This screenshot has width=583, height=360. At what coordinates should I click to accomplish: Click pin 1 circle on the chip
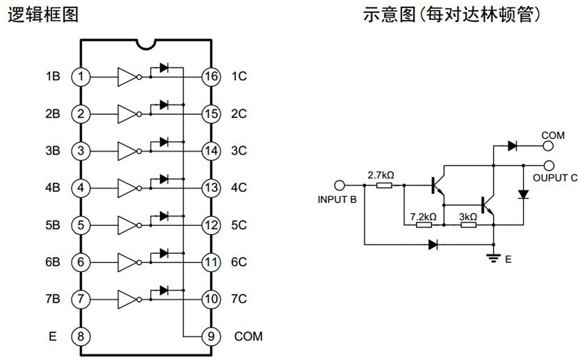tap(81, 77)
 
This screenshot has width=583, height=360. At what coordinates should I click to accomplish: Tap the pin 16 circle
tap(211, 77)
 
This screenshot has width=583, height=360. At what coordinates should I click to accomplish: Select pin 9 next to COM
tap(211, 337)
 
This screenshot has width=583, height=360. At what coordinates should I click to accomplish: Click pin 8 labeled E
tap(81, 337)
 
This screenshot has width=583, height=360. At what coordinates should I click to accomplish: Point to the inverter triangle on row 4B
tap(127, 188)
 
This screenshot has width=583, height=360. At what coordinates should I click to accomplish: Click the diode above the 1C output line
tap(164, 68)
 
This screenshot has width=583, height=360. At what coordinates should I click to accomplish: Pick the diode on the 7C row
tap(164, 290)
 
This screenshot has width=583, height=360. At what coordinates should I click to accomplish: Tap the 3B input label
tap(53, 151)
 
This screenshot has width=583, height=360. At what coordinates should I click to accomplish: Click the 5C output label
tap(239, 225)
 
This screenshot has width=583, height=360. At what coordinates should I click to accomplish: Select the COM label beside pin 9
tap(248, 336)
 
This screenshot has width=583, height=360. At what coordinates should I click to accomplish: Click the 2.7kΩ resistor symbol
tap(384, 185)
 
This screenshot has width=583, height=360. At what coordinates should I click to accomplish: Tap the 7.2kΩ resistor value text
tap(423, 216)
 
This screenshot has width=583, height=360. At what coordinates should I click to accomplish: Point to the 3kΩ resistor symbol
tap(468, 225)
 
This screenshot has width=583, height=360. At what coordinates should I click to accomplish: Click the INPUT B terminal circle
tap(339, 185)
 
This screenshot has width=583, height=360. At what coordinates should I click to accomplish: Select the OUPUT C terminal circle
tap(549, 165)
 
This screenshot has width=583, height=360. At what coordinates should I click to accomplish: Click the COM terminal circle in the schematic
tap(548, 146)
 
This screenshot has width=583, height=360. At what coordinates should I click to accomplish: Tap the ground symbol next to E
tap(493, 258)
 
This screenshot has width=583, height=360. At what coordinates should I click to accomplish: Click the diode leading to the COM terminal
tap(512, 146)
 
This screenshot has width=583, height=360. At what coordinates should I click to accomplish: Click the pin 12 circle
tap(211, 225)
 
